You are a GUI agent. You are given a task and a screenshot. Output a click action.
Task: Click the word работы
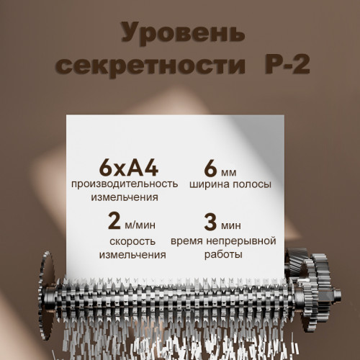[222, 254]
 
